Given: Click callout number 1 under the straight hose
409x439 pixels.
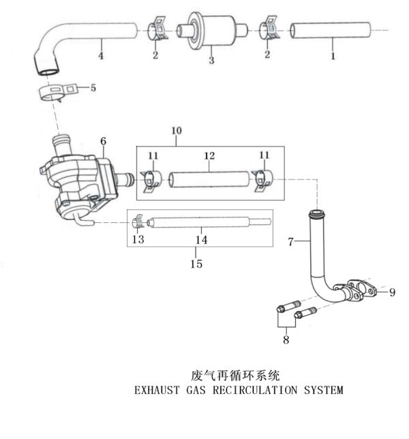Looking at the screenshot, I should [x=333, y=57].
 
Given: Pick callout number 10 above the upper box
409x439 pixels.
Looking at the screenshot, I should [x=176, y=130].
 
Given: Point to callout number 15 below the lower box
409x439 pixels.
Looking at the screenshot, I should [x=196, y=263].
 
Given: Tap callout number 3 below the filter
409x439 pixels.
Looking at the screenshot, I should [x=211, y=61].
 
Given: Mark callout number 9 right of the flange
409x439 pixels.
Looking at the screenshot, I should [x=392, y=292].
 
